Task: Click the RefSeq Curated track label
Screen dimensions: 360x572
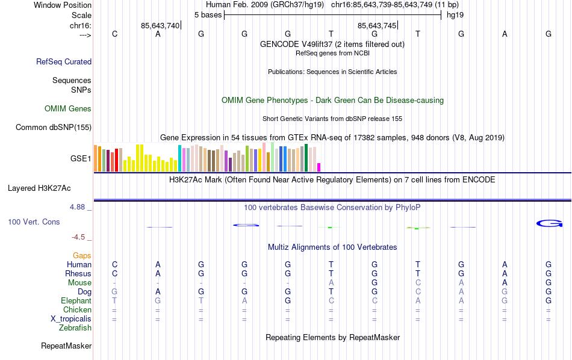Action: point(64,61)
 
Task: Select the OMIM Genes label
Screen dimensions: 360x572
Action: point(68,109)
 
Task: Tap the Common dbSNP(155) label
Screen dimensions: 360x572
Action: point(54,127)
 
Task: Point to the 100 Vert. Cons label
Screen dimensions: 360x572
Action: point(34,222)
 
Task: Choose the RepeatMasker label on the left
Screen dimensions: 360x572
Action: point(66,346)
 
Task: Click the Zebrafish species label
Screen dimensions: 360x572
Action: point(75,328)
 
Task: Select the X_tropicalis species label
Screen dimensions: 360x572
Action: point(71,319)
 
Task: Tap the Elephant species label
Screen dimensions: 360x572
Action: point(76,301)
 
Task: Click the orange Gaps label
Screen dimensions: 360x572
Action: point(82,256)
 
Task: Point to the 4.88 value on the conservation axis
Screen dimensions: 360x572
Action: point(79,207)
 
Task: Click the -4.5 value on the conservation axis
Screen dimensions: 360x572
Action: point(79,237)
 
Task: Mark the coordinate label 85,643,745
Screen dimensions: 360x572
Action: point(377,25)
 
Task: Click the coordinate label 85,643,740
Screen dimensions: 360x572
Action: point(160,25)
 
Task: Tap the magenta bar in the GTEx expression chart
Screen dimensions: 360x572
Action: point(319,167)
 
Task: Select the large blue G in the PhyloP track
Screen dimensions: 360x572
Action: point(549,224)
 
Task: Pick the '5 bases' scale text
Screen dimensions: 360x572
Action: point(208,14)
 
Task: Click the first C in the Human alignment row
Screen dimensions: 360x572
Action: point(114,265)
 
